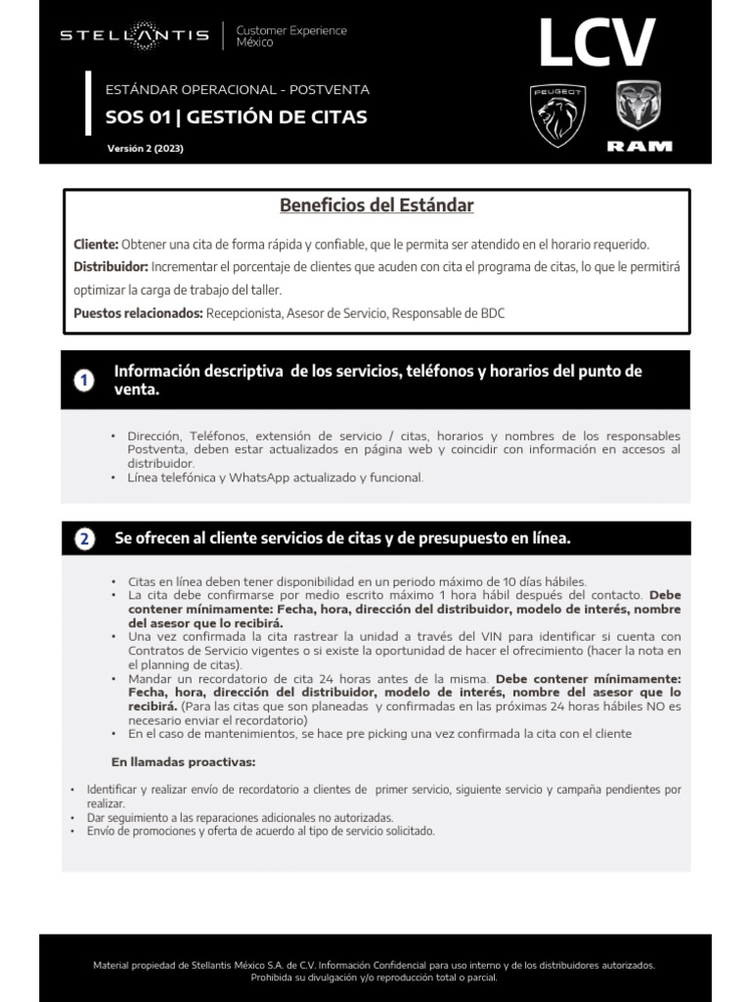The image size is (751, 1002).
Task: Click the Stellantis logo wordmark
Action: [x=134, y=36]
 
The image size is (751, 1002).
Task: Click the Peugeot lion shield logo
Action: [x=556, y=115]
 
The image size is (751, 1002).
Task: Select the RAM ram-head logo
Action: [x=639, y=108]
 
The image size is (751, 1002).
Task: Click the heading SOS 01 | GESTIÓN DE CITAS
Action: [x=236, y=118]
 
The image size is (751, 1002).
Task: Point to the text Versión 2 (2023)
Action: [x=145, y=149]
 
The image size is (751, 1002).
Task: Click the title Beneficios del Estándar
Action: [x=376, y=205]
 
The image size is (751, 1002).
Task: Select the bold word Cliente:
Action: [x=96, y=244]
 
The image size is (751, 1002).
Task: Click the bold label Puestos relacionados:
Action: [x=138, y=313]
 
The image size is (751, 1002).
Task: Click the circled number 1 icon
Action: [x=85, y=381]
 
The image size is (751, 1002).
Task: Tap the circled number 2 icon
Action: [x=85, y=539]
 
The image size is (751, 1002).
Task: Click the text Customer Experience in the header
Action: [x=291, y=30]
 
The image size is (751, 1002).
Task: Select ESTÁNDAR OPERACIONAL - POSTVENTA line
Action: [x=238, y=90]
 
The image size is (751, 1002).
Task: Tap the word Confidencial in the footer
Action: [x=421, y=965]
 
